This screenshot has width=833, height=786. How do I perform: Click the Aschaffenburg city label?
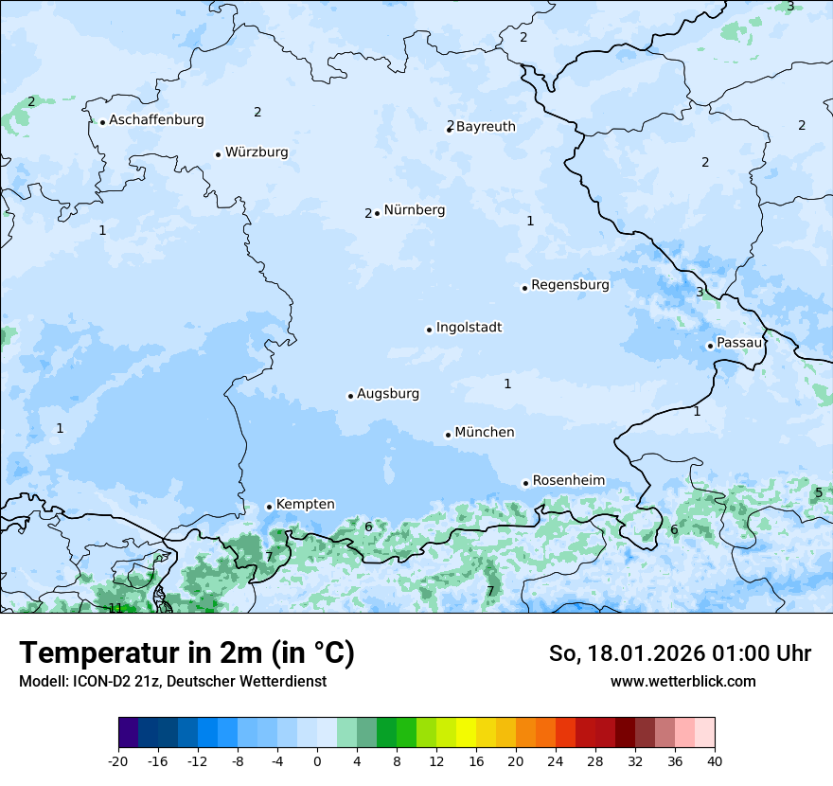[x=156, y=120]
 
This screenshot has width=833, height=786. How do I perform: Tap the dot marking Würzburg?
[x=218, y=154]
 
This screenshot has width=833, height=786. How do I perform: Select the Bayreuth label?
[x=486, y=127]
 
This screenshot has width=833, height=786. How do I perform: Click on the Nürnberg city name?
[x=414, y=210]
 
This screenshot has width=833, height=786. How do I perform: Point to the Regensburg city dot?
[x=524, y=288]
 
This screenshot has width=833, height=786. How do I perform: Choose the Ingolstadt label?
[x=469, y=328]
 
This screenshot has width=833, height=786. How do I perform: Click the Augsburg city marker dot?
[x=350, y=396]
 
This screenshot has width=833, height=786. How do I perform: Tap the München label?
[x=485, y=433]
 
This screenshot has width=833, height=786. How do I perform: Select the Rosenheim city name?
[x=568, y=481]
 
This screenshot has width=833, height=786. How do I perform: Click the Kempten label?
[x=305, y=505]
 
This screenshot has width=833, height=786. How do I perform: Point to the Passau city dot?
[x=710, y=346]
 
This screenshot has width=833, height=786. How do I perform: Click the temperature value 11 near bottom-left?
[x=115, y=608]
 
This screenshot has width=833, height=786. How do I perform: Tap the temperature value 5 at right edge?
[x=819, y=492]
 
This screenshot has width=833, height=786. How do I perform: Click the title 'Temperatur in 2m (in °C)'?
[x=186, y=653]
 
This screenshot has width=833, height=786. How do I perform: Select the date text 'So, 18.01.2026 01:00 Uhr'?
[x=680, y=653]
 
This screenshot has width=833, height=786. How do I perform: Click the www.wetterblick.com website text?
[x=682, y=681]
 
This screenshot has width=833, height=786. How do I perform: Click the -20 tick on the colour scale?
[x=118, y=760]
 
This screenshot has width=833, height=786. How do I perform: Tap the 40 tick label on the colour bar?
[x=714, y=760]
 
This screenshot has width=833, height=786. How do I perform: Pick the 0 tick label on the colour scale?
[x=316, y=760]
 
